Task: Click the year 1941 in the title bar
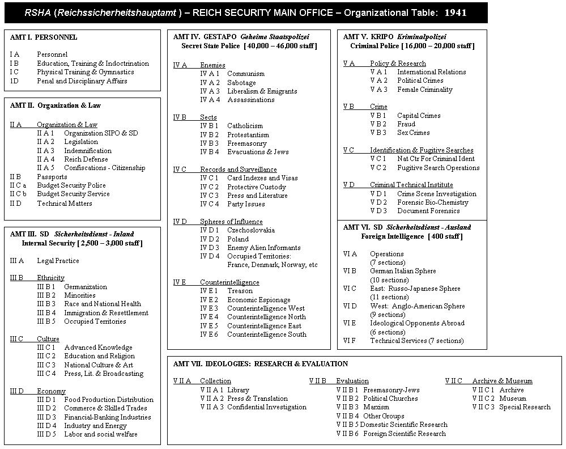pyautogui.click(x=455, y=12)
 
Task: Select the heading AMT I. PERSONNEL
pyautogui.click(x=44, y=37)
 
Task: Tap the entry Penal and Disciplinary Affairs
pyautogui.click(x=82, y=81)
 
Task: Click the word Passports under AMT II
pyautogui.click(x=52, y=177)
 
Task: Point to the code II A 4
pyautogui.click(x=45, y=159)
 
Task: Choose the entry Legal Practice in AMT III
pyautogui.click(x=58, y=261)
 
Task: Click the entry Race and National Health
pyautogui.click(x=102, y=304)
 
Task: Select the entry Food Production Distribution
pyautogui.click(x=108, y=400)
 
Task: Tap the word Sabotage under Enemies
pyautogui.click(x=241, y=83)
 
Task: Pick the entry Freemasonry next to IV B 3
pyautogui.click(x=246, y=143)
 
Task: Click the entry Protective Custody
pyautogui.click(x=256, y=187)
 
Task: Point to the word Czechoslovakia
pyautogui.click(x=250, y=230)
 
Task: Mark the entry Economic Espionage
pyautogui.click(x=258, y=300)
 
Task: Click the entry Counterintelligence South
pyautogui.click(x=266, y=334)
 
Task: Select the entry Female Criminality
pyautogui.click(x=424, y=90)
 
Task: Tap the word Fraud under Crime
pyautogui.click(x=406, y=124)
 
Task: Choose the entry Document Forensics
pyautogui.click(x=428, y=211)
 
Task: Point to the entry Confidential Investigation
pyautogui.click(x=266, y=407)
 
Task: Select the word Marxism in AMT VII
pyautogui.click(x=376, y=407)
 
